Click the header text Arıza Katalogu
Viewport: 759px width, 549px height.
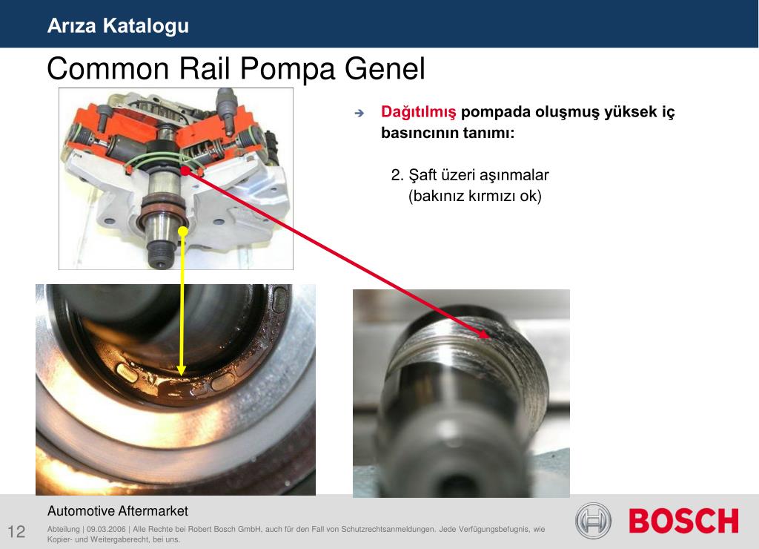point(118,26)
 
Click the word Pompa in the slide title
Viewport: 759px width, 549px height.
point(287,68)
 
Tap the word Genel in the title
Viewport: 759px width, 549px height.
point(385,68)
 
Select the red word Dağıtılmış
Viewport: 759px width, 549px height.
point(418,112)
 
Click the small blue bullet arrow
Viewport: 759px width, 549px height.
point(359,113)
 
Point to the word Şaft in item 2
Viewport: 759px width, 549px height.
point(422,174)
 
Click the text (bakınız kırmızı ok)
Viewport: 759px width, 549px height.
point(475,197)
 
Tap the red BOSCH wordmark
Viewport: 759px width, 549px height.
point(683,521)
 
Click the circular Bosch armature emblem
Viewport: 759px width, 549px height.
point(593,521)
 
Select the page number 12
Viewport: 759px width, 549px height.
point(16,531)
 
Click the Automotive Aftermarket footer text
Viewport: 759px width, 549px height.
point(118,510)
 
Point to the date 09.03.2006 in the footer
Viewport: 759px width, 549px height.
point(106,529)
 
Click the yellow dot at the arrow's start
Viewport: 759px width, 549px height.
point(182,231)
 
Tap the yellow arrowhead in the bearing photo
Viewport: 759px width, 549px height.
point(182,371)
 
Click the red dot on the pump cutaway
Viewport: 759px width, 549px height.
point(185,171)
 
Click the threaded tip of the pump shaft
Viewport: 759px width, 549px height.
point(159,255)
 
